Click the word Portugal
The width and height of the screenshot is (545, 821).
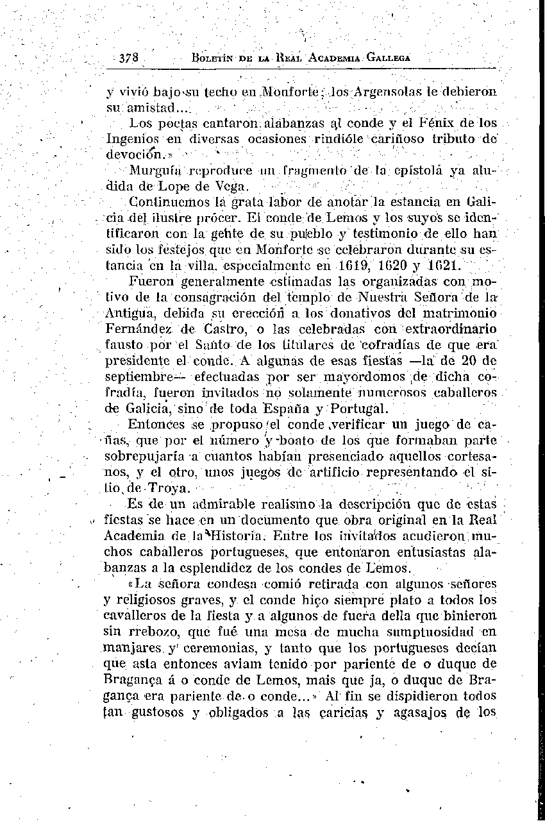359,409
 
